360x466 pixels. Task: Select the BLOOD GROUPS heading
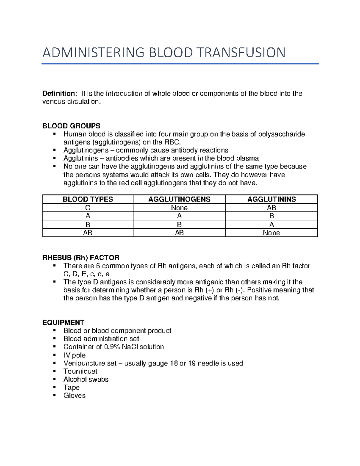click(71, 126)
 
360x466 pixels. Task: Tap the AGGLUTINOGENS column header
click(179, 199)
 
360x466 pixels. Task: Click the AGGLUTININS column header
click(271, 199)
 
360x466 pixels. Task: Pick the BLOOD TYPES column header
click(88, 199)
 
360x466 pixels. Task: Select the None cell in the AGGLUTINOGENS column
click(179, 208)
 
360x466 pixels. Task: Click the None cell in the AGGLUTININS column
click(271, 233)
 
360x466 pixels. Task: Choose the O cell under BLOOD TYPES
click(88, 208)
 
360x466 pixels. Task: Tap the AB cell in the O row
click(271, 208)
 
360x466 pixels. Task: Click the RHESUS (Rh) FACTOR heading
click(81, 258)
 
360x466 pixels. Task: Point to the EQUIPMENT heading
click(63, 323)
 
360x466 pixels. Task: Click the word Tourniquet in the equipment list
click(80, 371)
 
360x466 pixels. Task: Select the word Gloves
click(74, 395)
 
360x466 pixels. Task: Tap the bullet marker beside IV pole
click(54, 355)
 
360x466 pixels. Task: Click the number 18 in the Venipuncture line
click(174, 363)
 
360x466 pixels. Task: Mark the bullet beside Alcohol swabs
click(54, 379)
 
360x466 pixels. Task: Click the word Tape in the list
click(71, 387)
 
